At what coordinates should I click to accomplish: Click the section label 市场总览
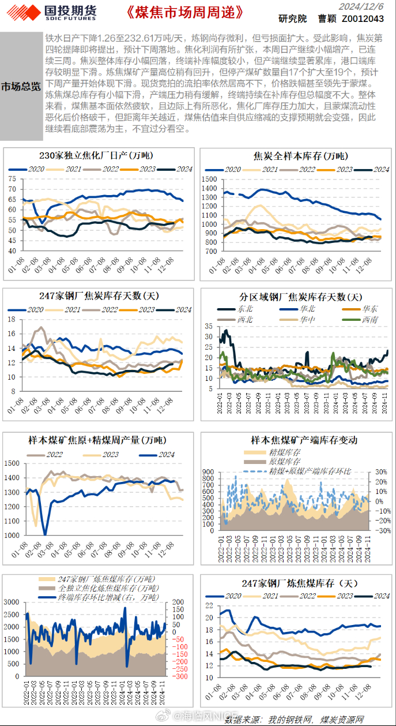21,87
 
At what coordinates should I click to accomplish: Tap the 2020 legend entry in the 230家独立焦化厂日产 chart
30,169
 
